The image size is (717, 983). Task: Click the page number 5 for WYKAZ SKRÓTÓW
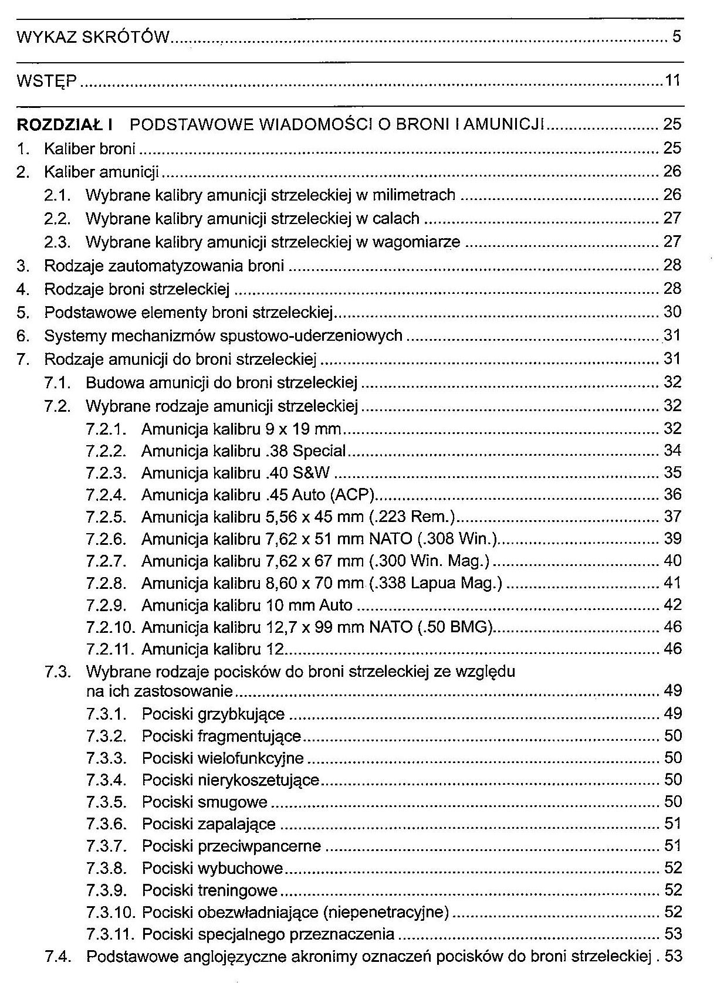point(676,38)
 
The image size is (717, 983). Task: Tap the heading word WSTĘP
point(46,81)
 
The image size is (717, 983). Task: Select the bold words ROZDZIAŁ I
point(65,124)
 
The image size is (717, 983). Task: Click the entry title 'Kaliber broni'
point(90,148)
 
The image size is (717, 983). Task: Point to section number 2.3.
point(57,242)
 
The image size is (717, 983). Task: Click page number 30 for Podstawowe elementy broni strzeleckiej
point(672,312)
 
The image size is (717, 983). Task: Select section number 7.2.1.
point(106,429)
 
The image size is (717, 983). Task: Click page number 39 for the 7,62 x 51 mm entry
point(672,538)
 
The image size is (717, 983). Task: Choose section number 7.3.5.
point(106,802)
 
